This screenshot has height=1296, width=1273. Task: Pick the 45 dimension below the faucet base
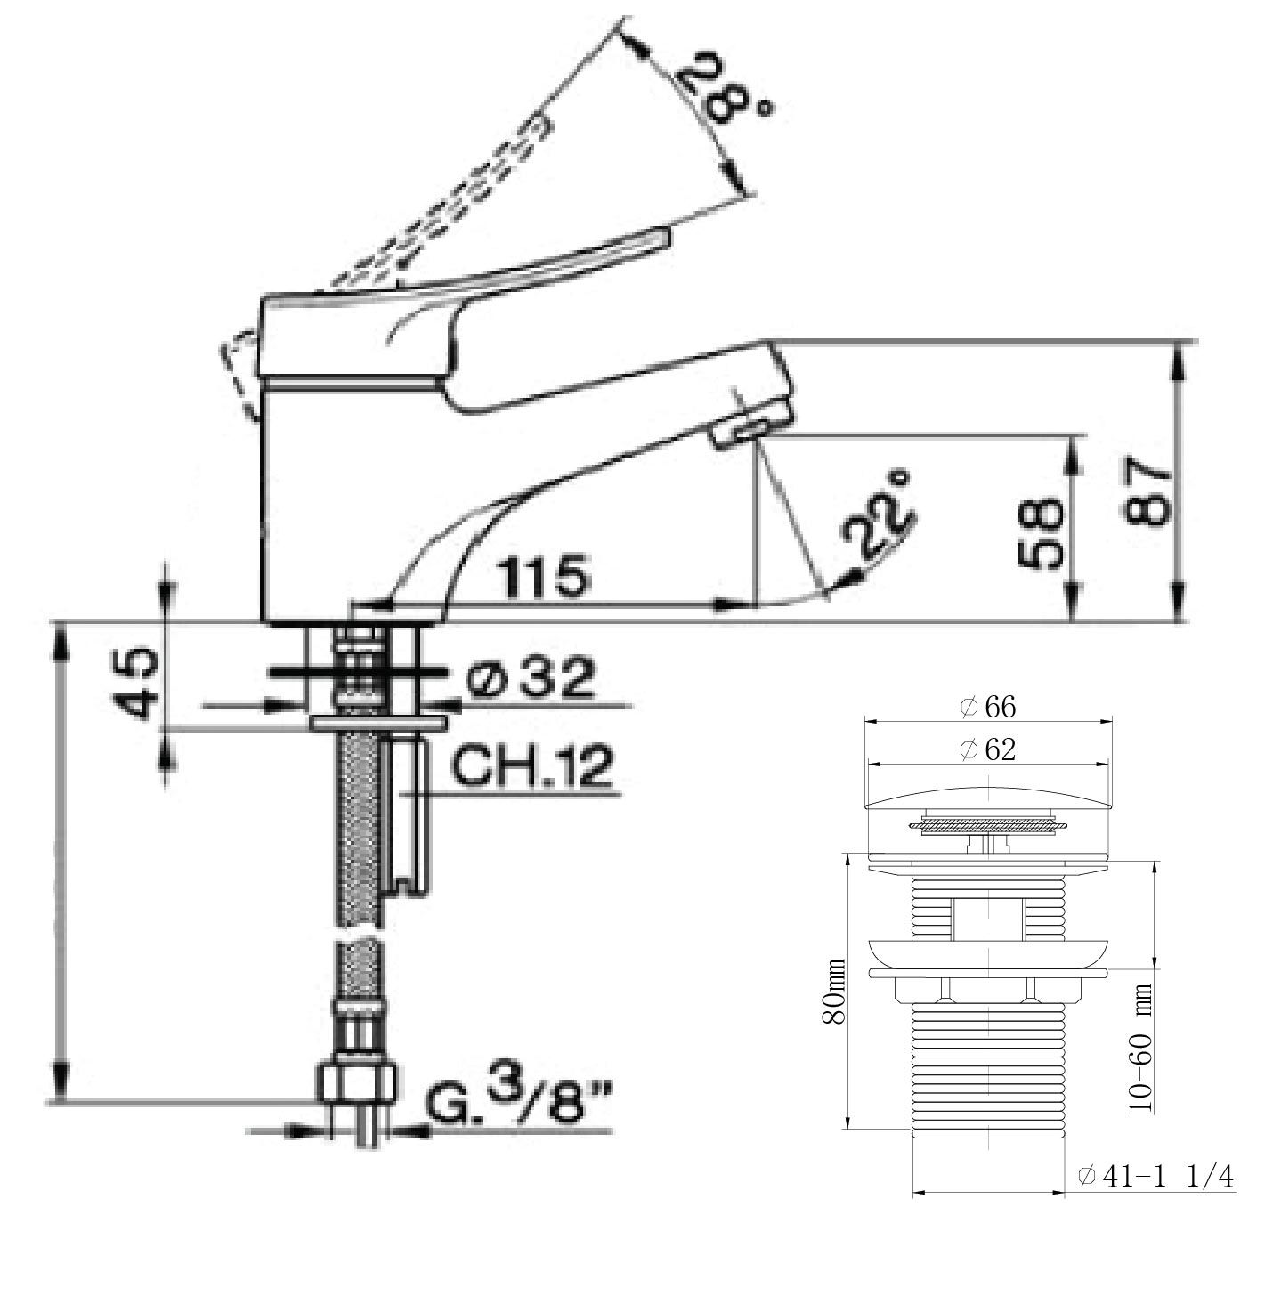pos(136,684)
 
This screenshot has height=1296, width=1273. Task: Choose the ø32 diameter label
pos(531,678)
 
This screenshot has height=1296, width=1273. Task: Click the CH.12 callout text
pos(531,764)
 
